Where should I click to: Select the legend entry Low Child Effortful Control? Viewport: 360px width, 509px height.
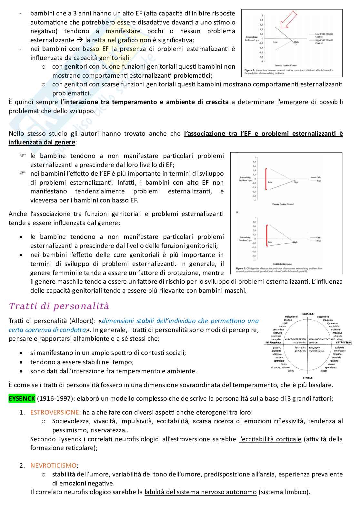324,35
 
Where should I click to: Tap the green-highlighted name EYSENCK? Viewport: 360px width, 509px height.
22,398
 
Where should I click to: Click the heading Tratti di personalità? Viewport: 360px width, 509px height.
59,306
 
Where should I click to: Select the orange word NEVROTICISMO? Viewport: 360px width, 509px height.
54,465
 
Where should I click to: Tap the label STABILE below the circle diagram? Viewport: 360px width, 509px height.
307,377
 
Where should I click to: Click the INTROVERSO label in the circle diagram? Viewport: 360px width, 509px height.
273,342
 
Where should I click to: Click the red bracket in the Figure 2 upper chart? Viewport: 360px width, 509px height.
266,179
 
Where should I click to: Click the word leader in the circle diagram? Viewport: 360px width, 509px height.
324,371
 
